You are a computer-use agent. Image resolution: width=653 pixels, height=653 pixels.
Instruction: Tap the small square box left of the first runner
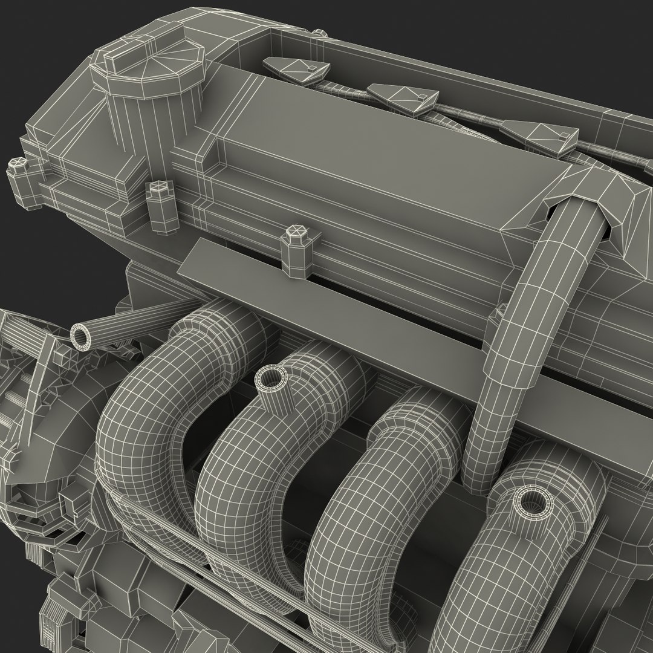(70, 505)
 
